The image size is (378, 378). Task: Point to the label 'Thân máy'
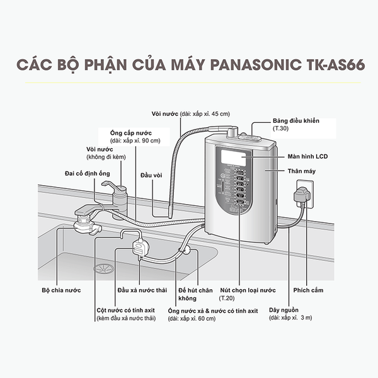[x=301, y=171]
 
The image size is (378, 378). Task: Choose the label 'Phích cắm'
[x=306, y=290]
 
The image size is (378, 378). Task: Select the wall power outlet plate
[x=302, y=192]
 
